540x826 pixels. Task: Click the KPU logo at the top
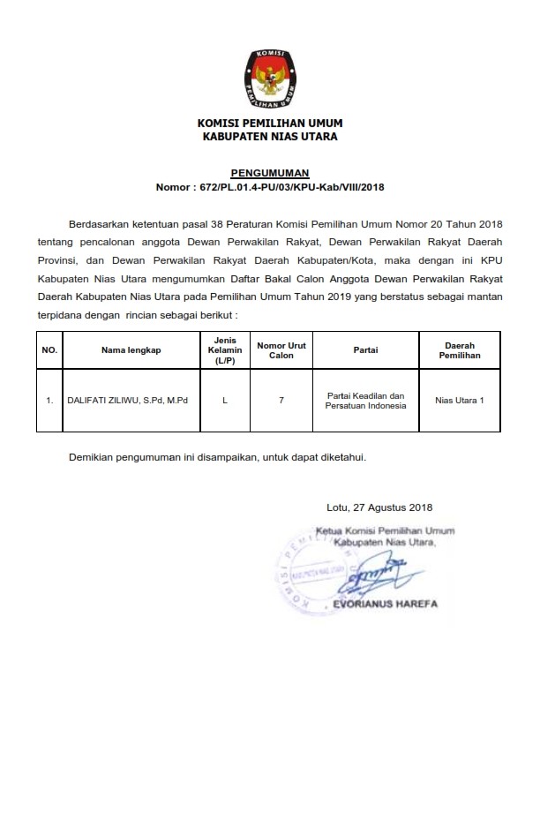269,75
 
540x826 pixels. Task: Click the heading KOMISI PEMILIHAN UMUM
270,123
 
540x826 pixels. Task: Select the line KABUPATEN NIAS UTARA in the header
270,137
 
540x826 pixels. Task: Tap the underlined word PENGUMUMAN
270,173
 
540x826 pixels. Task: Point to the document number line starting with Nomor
270,187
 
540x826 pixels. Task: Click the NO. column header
49,350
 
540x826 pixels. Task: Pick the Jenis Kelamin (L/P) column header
224,350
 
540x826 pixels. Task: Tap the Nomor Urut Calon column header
281,350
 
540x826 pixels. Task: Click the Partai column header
365,350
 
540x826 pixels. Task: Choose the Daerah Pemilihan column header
458,350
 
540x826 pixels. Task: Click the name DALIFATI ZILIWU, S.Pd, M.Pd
133,401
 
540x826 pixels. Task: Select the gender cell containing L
225,401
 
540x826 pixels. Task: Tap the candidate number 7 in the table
281,401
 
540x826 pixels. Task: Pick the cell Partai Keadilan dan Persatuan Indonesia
365,401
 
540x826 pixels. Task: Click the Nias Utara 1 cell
459,401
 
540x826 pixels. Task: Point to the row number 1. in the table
49,401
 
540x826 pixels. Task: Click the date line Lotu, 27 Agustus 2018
379,507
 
